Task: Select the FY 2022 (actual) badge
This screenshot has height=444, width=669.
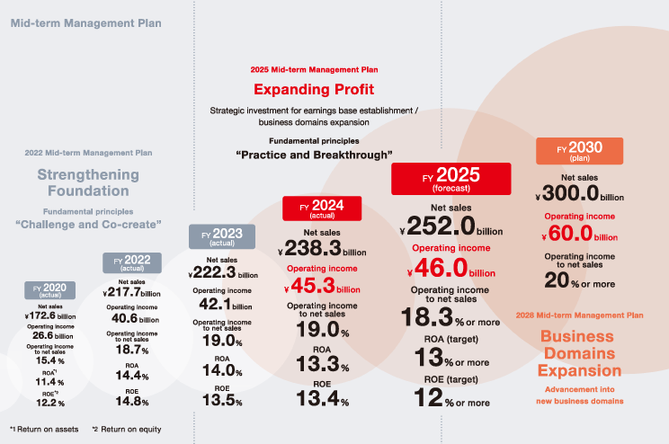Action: pyautogui.click(x=131, y=263)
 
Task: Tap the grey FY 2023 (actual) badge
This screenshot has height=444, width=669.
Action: pyautogui.click(x=216, y=237)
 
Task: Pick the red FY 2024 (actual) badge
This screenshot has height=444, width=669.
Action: pyautogui.click(x=322, y=208)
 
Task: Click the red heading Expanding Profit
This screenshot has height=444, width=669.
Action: pyautogui.click(x=313, y=89)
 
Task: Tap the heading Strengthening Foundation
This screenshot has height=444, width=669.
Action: pyautogui.click(x=89, y=182)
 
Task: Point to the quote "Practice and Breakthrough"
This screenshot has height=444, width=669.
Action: pyautogui.click(x=315, y=154)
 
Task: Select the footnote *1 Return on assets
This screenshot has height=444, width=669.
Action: pyautogui.click(x=45, y=429)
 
